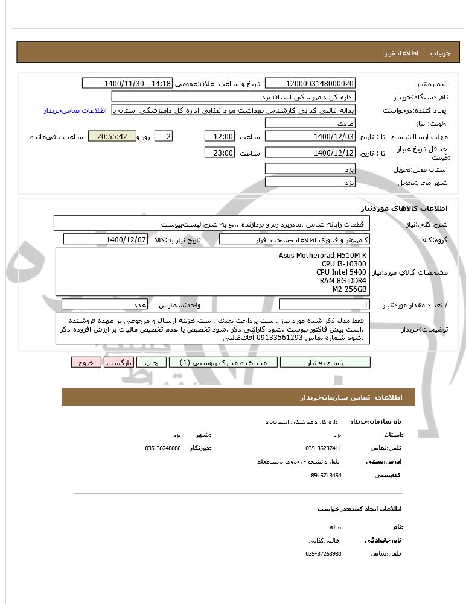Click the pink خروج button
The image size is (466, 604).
point(86,362)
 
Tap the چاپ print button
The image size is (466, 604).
point(151,362)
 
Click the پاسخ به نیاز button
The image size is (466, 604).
point(325,362)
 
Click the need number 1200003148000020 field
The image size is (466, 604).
point(310,83)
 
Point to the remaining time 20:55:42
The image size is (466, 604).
point(112,137)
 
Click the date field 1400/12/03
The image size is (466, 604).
point(310,137)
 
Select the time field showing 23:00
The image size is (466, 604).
point(220,153)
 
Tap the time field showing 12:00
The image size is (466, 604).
point(220,137)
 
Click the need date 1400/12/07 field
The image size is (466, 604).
point(106,239)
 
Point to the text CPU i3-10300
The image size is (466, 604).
point(343,264)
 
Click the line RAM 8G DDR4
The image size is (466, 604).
point(343,281)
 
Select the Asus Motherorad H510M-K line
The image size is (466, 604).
point(322,256)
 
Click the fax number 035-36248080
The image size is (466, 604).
point(163,448)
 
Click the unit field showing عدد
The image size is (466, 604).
point(140,305)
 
